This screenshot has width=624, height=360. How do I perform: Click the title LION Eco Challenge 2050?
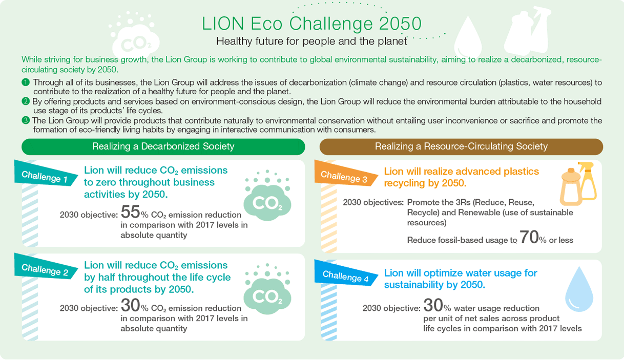tap(311, 24)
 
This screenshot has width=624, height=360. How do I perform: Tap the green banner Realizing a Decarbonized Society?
tap(163, 147)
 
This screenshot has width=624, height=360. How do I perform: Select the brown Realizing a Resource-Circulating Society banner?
tap(461, 147)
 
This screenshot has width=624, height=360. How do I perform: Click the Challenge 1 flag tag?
tap(46, 174)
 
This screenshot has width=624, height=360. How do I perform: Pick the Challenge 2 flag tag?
tap(46, 267)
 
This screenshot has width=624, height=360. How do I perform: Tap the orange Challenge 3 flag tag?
tap(346, 174)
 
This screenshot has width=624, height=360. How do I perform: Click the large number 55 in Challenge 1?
tap(130, 212)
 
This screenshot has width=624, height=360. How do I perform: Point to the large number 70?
tap(529, 237)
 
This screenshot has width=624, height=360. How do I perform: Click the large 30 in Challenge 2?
tap(130, 305)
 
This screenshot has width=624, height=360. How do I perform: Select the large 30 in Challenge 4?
tap(433, 305)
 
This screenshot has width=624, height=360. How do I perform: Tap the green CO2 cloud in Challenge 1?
tap(267, 198)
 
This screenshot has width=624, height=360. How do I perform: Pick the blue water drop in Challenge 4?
tap(579, 291)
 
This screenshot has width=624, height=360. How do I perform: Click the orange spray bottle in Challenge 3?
tap(587, 181)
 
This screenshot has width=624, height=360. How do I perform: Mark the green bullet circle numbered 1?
tap(26, 82)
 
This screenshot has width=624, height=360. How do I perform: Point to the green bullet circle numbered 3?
tap(26, 120)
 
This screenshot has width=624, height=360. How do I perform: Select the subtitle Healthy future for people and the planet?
tap(311, 41)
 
